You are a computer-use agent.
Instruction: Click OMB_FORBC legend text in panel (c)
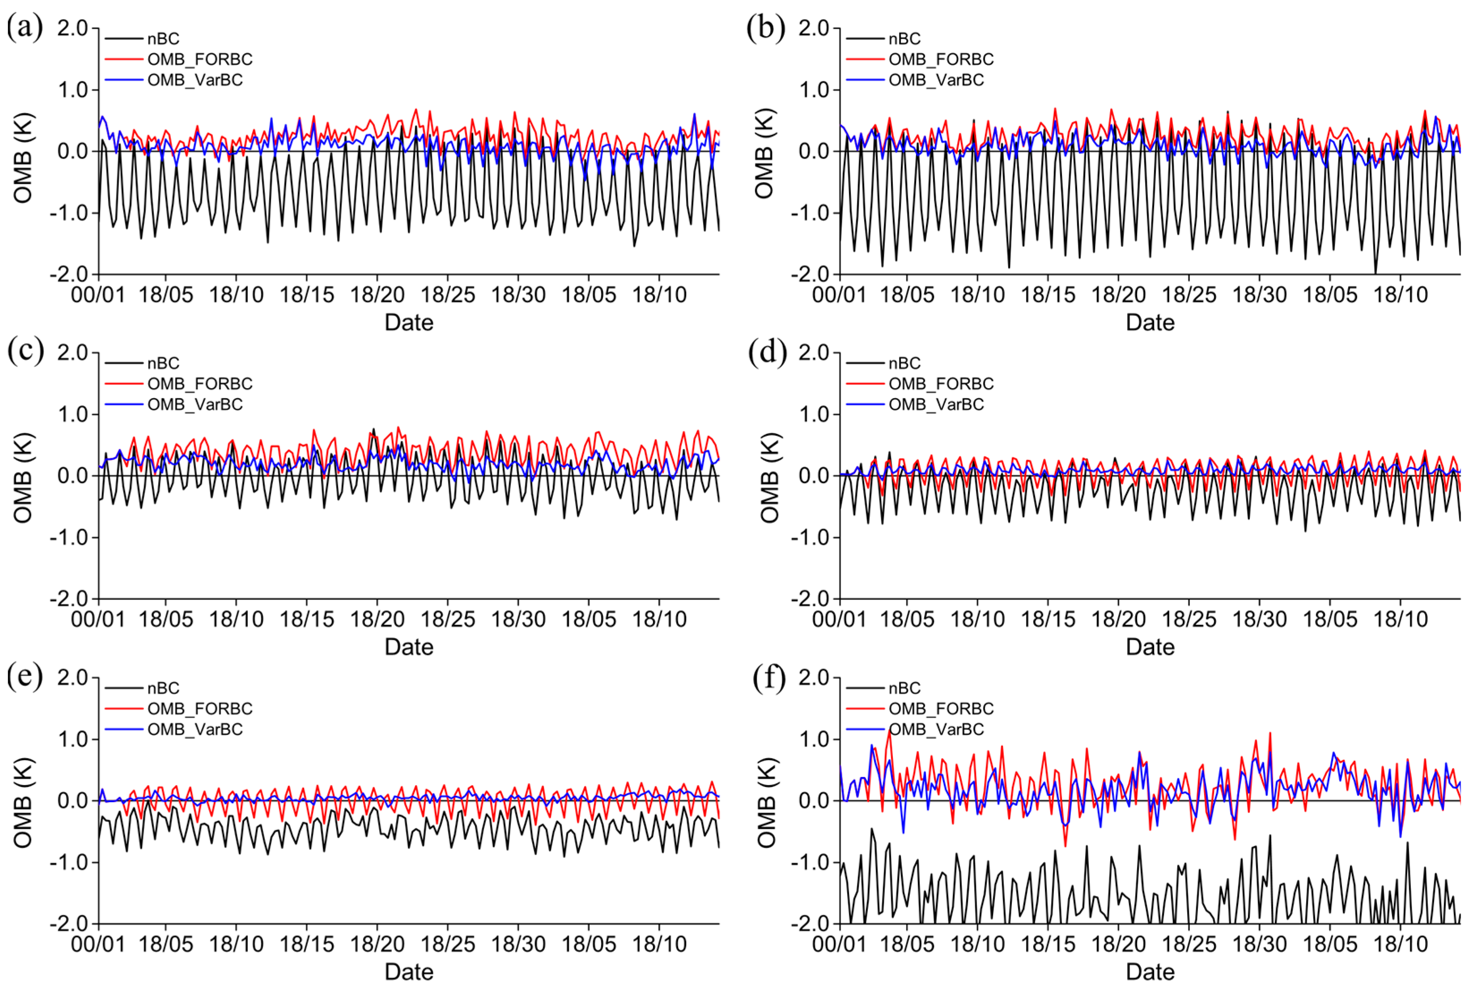point(200,384)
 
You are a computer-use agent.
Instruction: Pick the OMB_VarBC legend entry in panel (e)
point(195,729)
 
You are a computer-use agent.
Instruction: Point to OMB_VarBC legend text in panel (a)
point(195,80)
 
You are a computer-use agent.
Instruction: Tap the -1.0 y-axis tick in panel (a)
point(70,213)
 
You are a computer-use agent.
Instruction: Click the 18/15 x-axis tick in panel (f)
point(1048,944)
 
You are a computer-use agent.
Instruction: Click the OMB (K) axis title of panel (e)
point(23,802)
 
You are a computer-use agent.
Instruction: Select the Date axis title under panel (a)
point(408,323)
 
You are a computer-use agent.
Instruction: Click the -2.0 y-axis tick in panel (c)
point(70,599)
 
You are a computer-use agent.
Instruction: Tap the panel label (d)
point(767,353)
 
